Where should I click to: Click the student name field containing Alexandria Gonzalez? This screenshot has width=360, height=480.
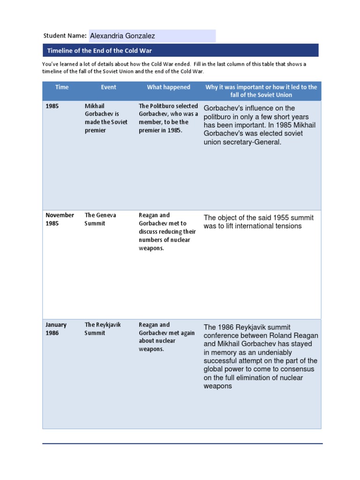click(152, 36)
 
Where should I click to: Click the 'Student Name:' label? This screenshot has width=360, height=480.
click(65, 36)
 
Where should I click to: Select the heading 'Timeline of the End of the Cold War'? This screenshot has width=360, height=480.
click(99, 51)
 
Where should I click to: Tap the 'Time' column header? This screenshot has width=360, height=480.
click(61, 87)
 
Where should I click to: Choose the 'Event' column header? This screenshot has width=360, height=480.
click(108, 87)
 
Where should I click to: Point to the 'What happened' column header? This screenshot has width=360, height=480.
click(168, 87)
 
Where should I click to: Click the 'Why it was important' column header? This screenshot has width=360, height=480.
click(261, 91)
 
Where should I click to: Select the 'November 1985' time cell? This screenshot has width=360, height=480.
click(60, 219)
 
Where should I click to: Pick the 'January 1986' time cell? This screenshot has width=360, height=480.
click(56, 329)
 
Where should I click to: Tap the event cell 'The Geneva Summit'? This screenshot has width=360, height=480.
click(100, 219)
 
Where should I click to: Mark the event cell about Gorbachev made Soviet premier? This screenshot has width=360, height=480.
click(105, 118)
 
